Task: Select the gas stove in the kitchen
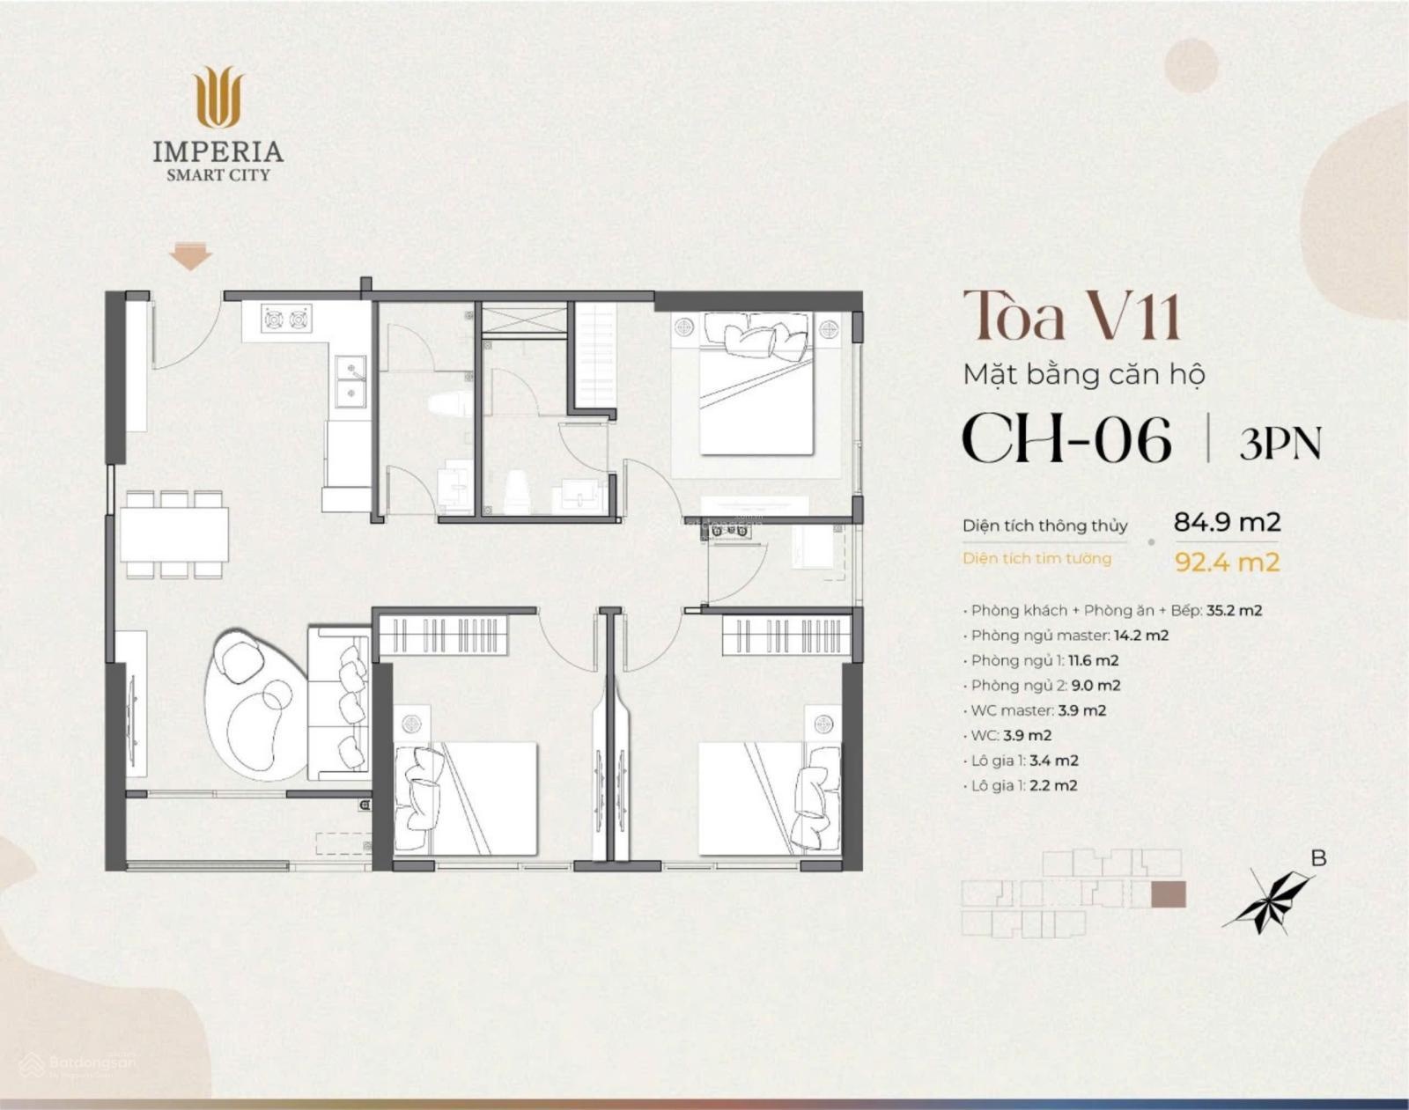(287, 320)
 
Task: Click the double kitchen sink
(351, 379)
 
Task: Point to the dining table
(174, 533)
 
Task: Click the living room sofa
(339, 703)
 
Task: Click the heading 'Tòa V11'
(1071, 316)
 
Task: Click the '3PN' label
(1280, 443)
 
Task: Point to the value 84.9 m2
(1227, 522)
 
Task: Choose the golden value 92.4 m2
(1227, 562)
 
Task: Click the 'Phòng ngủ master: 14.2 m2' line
(1066, 635)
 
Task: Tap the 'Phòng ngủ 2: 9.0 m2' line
(1043, 685)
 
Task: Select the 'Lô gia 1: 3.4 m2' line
(1022, 761)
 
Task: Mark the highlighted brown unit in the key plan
(1168, 894)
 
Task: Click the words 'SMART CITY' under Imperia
(218, 175)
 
